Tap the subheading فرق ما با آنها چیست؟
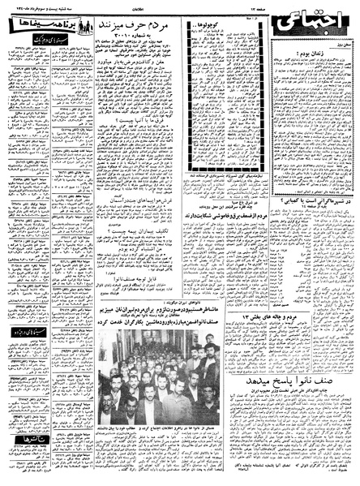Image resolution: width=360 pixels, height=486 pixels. point(134,119)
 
